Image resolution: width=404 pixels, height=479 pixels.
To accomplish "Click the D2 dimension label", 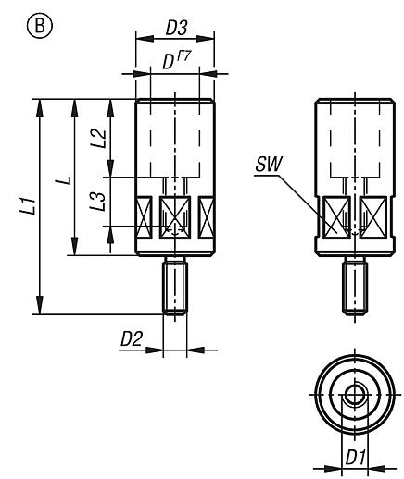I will [x=131, y=339].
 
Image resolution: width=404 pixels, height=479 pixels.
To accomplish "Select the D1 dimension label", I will [x=354, y=457].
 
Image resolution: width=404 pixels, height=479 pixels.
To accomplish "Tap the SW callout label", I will [x=268, y=167].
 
